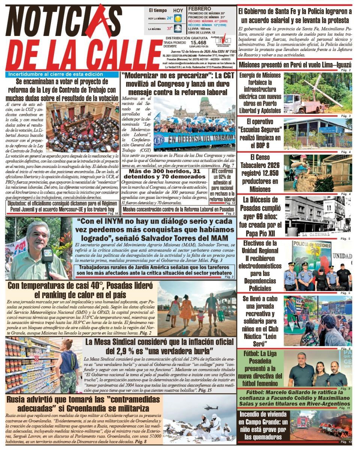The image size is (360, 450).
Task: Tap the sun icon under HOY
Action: pyautogui.click(x=178, y=18)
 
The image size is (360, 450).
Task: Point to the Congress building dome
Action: pyautogui.click(x=205, y=102)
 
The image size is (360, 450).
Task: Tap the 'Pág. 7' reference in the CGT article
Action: pyautogui.click(x=228, y=165)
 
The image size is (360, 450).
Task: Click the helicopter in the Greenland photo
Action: pyautogui.click(x=210, y=407)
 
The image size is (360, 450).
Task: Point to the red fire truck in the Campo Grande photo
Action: pyautogui.click(x=302, y=422)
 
